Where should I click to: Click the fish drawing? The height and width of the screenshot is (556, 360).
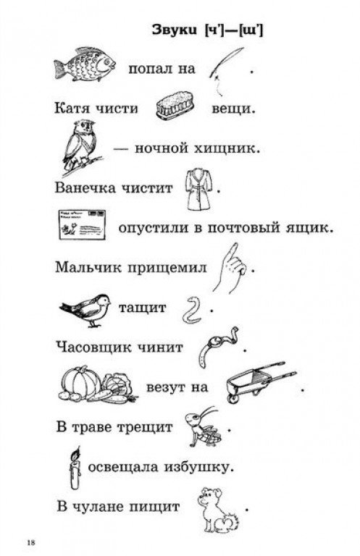(x=85, y=64)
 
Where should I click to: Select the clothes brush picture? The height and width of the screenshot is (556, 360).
(x=176, y=105)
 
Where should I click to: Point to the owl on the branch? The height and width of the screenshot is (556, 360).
(x=81, y=146)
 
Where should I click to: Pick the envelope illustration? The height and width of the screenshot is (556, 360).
(x=83, y=224)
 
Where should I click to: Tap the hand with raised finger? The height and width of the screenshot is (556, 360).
(x=229, y=269)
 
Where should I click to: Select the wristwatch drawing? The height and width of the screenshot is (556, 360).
(x=217, y=347)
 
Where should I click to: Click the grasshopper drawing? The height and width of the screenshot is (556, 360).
(x=203, y=426)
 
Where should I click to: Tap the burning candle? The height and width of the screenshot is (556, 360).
(x=75, y=469)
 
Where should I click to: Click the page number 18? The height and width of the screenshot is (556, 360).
(x=31, y=542)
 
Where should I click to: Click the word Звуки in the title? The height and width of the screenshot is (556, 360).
(x=175, y=30)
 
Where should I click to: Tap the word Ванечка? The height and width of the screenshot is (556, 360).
(x=85, y=188)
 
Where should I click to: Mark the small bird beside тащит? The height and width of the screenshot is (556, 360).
(x=85, y=310)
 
